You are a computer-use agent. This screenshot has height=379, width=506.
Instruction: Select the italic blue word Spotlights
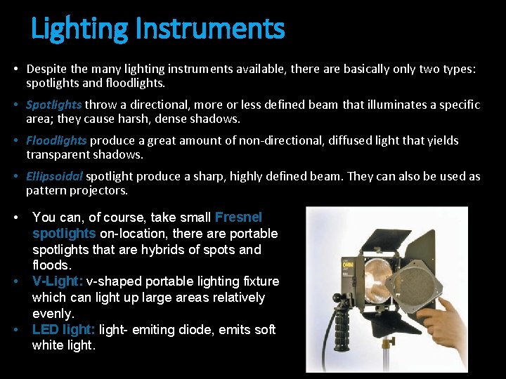(x=54, y=105)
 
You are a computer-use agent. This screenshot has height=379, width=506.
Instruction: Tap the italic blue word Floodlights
(x=56, y=140)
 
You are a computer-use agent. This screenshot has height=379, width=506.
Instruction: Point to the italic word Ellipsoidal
(x=55, y=176)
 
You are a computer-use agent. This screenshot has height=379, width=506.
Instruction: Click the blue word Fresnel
(x=238, y=218)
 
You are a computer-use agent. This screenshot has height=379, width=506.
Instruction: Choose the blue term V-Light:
(x=58, y=281)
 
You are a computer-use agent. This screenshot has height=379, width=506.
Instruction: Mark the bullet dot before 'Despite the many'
(x=15, y=69)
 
